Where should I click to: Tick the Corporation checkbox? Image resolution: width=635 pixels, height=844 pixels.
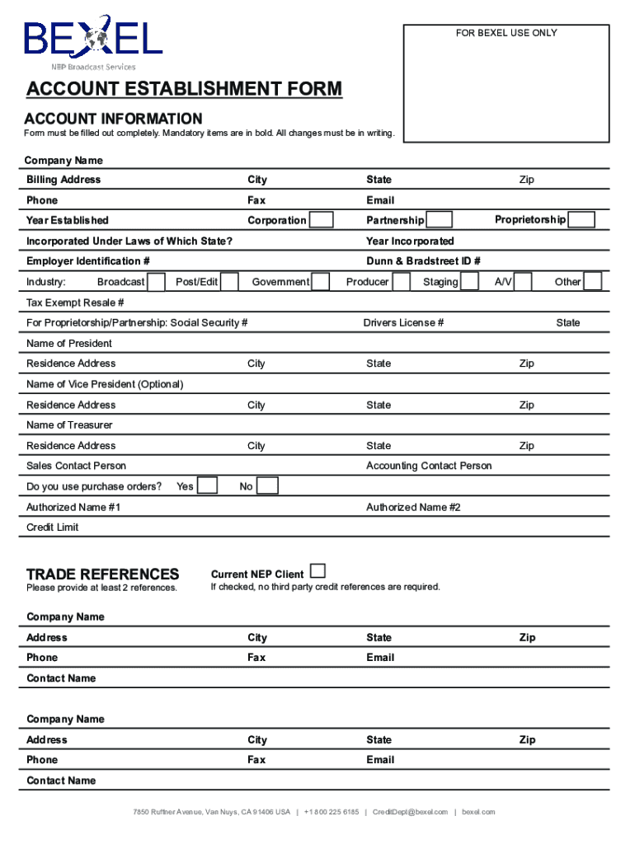(x=322, y=220)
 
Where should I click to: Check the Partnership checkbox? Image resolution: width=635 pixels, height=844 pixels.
(x=440, y=220)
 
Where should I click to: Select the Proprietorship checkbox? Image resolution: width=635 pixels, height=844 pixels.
(x=582, y=220)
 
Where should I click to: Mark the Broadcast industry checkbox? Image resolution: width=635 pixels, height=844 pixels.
(x=156, y=282)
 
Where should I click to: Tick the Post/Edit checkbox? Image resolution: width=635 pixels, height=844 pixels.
(x=230, y=282)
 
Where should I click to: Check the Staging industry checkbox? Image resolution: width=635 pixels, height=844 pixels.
(x=469, y=282)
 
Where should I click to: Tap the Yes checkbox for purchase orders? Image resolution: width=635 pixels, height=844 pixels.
(x=207, y=486)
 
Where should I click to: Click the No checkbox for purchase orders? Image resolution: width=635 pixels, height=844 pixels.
(x=268, y=486)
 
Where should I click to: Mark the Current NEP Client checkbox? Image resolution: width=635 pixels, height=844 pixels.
(x=317, y=571)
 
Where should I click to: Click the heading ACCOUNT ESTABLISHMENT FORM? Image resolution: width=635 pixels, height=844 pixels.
(x=184, y=89)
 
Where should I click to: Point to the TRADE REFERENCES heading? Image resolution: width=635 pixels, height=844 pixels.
(x=102, y=574)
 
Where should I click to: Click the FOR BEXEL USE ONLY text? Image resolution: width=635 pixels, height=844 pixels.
(x=506, y=33)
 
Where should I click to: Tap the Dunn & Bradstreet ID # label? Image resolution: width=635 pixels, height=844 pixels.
(x=423, y=261)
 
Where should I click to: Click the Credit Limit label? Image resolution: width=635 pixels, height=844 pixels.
(x=53, y=527)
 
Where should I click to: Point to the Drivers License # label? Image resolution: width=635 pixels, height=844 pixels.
(x=403, y=323)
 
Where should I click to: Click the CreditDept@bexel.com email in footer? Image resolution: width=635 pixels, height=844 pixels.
(x=410, y=812)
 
